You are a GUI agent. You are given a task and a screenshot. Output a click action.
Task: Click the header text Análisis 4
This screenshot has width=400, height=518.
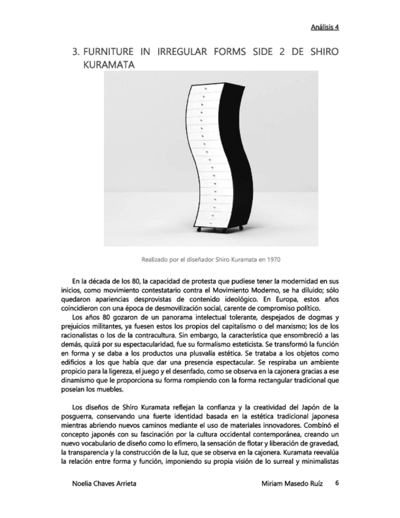324,27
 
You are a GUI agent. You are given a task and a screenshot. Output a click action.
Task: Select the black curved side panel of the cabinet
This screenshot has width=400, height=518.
232,153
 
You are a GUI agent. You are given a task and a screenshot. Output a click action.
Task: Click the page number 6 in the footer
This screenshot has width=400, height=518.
336,483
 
